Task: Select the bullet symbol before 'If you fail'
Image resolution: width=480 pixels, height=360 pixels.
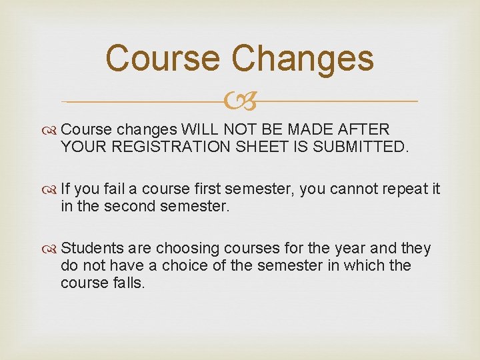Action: (52, 189)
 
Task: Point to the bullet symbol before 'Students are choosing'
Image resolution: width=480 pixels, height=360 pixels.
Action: (52, 249)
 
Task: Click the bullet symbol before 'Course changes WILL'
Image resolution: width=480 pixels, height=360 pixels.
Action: (52, 129)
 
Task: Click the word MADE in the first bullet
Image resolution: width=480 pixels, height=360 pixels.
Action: (309, 129)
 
